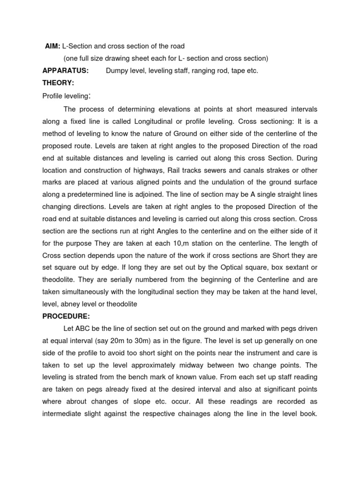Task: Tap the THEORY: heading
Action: pos(58,82)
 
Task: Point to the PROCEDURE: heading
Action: pos(66,316)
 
